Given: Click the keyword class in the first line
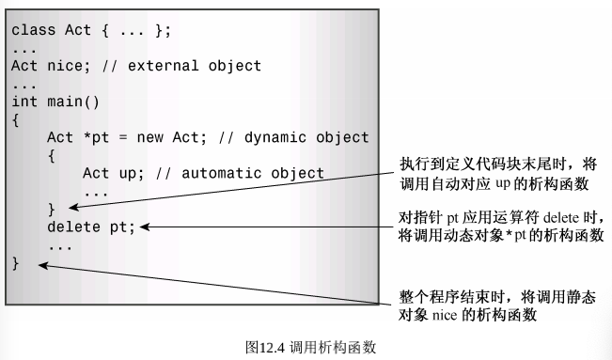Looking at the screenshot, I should pyautogui.click(x=33, y=30).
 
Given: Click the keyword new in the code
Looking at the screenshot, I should pyautogui.click(x=151, y=137).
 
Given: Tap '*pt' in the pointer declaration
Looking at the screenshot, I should pyautogui.click(x=96, y=137).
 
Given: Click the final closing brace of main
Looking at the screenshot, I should pyautogui.click(x=16, y=263).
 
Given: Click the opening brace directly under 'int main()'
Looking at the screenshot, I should pyautogui.click(x=16, y=119).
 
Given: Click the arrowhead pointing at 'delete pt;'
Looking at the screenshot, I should pyautogui.click(x=146, y=226).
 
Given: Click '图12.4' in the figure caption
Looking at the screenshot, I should pyautogui.click(x=265, y=346).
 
